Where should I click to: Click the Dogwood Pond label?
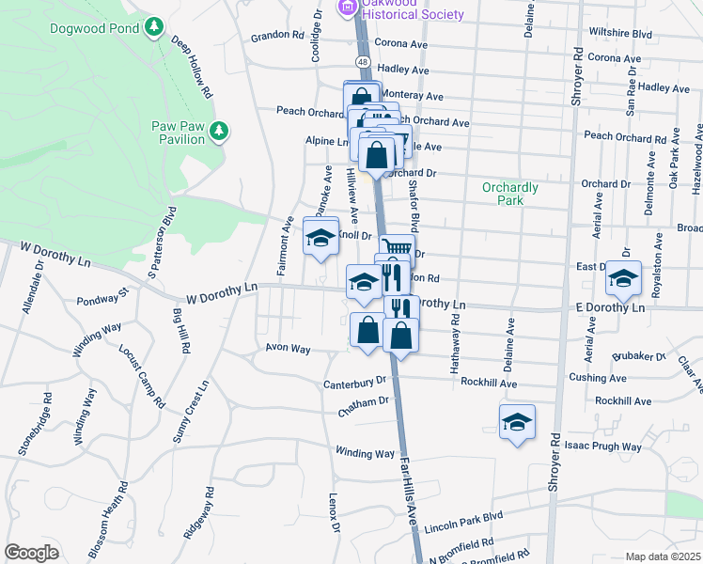click(97, 27)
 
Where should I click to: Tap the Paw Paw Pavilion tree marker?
click(220, 130)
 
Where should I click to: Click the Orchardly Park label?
click(509, 194)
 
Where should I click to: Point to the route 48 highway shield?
click(362, 61)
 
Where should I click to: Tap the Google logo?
click(31, 553)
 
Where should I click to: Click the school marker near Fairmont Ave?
click(320, 236)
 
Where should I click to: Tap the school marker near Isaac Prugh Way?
click(516, 423)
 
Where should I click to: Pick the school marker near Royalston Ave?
click(622, 279)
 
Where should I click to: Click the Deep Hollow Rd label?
click(190, 68)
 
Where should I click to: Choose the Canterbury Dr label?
click(355, 383)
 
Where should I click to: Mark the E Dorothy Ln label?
click(610, 307)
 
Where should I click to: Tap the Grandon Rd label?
click(278, 38)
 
